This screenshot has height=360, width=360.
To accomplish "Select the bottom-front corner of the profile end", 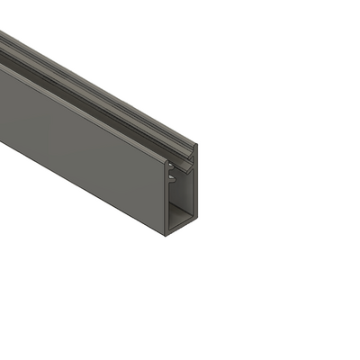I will [x=166, y=234].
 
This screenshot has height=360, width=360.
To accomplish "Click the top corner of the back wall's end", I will [x=196, y=144].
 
